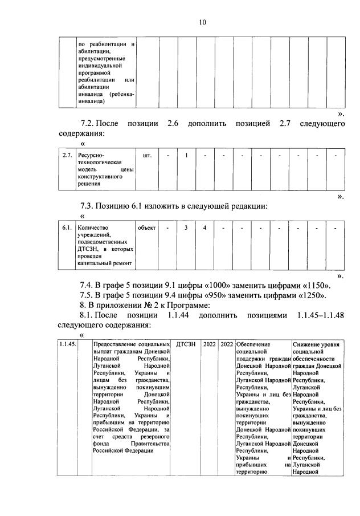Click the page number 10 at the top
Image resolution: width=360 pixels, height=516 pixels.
(x=202, y=22)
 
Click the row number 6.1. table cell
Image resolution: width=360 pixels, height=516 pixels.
(x=67, y=228)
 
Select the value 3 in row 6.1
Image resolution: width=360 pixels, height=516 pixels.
(x=186, y=228)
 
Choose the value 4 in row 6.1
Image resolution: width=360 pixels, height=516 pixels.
(x=204, y=228)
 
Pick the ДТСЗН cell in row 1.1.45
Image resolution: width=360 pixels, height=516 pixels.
(x=186, y=344)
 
